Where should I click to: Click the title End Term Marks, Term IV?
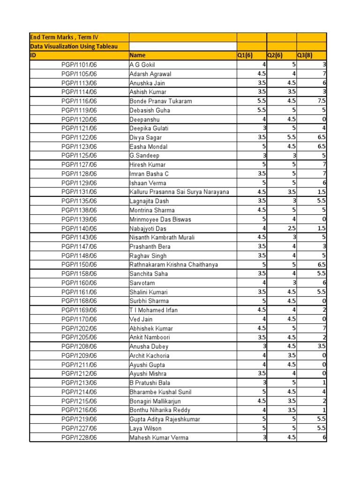click(x=64, y=37)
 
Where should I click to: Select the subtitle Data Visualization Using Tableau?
click(x=74, y=46)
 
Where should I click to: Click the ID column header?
click(x=33, y=55)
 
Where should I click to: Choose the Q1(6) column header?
click(x=245, y=55)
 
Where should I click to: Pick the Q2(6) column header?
click(x=275, y=55)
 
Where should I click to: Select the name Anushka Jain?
click(x=147, y=83)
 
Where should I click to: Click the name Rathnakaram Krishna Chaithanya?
click(x=173, y=264)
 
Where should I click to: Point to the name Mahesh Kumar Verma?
click(x=159, y=437)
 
